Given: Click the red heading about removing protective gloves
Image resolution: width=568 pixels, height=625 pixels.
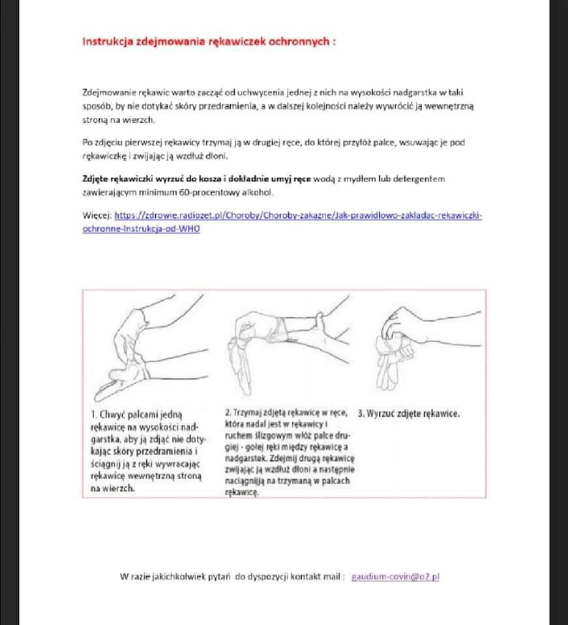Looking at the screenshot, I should (209, 41).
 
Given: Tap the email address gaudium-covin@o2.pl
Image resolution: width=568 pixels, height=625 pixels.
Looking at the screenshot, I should (395, 576).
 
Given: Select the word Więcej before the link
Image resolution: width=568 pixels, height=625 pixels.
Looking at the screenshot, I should (97, 215).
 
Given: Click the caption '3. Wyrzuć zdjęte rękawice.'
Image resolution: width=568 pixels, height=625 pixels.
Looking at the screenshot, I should (409, 413).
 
